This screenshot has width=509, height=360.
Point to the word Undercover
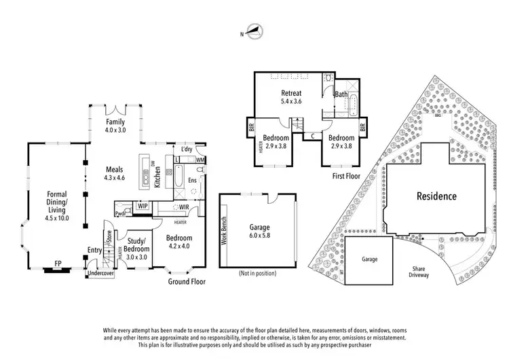[x=101, y=274]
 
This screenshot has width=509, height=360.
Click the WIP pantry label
[x=142, y=204]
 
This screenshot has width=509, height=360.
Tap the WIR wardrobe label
[x=183, y=206]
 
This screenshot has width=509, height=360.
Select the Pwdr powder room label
[x=121, y=213]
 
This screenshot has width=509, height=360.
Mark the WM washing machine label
[x=200, y=160]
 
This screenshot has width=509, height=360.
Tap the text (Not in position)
[x=258, y=273]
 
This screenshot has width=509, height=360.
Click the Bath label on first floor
[x=341, y=94]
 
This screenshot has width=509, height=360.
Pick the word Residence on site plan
[x=436, y=196]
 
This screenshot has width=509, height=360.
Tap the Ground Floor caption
[x=187, y=281]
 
